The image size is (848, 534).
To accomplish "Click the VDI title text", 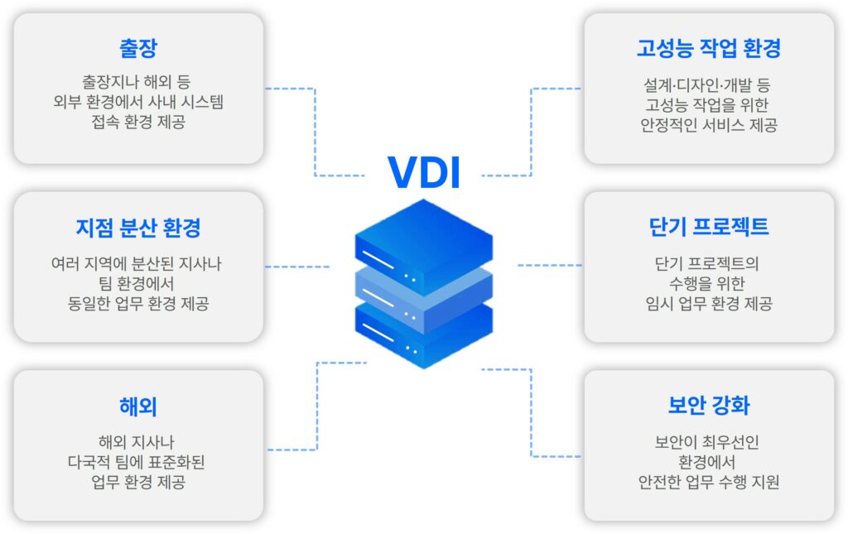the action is click(424, 172).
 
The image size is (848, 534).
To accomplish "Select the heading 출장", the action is click(138, 48).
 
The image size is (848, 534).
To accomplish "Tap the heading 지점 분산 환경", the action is click(138, 228).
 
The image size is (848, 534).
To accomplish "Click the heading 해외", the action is click(138, 407).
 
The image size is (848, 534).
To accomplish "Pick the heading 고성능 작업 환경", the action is click(709, 48).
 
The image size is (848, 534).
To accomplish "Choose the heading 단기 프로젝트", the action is click(709, 227).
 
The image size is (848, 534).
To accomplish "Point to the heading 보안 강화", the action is click(709, 406).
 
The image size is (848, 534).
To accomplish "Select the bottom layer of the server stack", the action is click(424, 338).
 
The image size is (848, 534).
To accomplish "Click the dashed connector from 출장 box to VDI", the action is click(315, 132).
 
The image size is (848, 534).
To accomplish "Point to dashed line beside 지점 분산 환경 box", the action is click(297, 267).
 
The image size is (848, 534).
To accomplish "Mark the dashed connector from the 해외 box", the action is click(317, 406).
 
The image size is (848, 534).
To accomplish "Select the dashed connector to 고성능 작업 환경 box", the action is click(531, 132).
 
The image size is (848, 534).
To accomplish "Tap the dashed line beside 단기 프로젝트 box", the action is click(550, 266).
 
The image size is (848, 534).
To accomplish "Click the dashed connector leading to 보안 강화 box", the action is click(531, 412).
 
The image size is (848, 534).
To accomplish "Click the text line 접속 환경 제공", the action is click(138, 122).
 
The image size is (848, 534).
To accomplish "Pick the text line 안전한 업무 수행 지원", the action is click(709, 482).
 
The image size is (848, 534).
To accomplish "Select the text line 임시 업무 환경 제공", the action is click(709, 303).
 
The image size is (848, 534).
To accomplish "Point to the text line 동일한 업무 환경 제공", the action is click(138, 303).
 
